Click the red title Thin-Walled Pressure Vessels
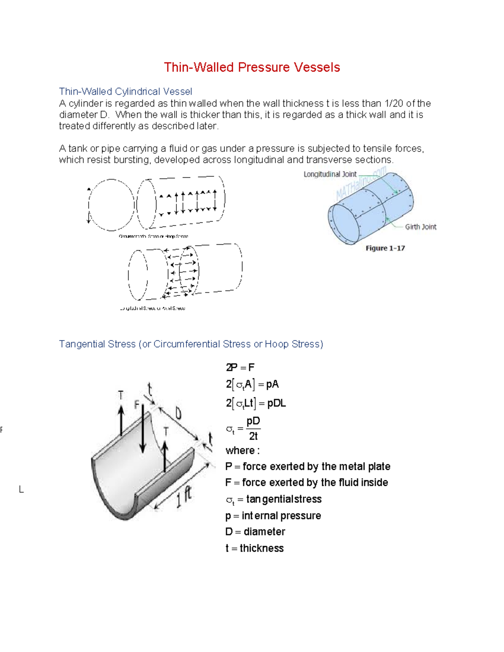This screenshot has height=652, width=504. pos(252,67)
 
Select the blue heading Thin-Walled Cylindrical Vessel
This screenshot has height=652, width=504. pos(125,92)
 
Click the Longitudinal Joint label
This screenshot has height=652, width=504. pos(330,174)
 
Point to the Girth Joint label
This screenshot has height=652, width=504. pos(420,227)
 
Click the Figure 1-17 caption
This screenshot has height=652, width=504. pos(385,248)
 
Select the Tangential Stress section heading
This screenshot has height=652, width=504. pos(191,344)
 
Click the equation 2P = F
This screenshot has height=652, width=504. pos(240,367)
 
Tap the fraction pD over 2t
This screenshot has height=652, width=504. pos(253,429)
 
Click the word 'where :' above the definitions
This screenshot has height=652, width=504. pos(242,450)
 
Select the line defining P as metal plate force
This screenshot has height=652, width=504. pos(307,466)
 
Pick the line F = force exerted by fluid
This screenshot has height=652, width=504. pos(306,482)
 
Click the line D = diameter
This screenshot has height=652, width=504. pos(255,532)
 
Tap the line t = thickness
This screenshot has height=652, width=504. pos(254,548)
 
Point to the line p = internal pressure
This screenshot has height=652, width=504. pos(273,516)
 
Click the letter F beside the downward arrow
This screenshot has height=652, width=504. pos(136,405)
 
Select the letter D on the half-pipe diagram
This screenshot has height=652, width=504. pos(178,414)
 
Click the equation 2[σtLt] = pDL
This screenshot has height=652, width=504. pos(256,403)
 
